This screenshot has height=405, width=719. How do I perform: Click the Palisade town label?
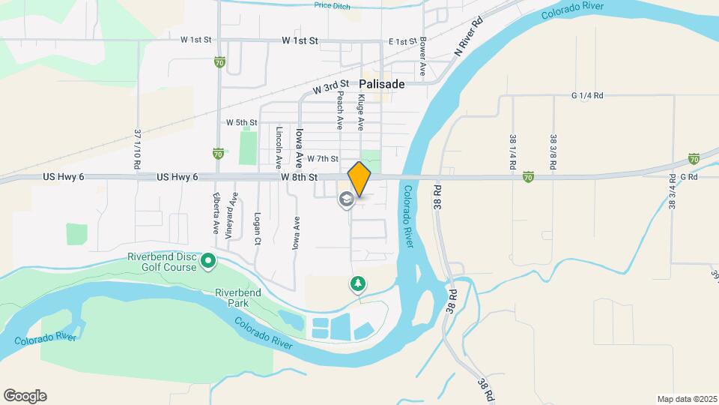point(381,84)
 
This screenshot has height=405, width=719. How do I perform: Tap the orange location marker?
point(359,180)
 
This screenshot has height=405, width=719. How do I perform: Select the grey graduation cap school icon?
point(347,199)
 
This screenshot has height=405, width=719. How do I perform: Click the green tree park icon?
point(357,283)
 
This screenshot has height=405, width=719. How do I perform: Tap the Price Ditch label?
point(333,5)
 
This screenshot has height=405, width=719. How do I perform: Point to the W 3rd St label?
point(332,88)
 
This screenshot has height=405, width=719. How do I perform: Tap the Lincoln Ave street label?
point(279,146)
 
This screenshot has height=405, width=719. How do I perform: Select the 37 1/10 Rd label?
point(138,148)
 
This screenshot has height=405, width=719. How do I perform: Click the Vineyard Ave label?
point(231,214)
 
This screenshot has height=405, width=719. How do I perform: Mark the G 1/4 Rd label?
point(586,95)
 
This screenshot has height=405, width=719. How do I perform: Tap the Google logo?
point(25,396)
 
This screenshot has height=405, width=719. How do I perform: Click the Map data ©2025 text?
point(687,399)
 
